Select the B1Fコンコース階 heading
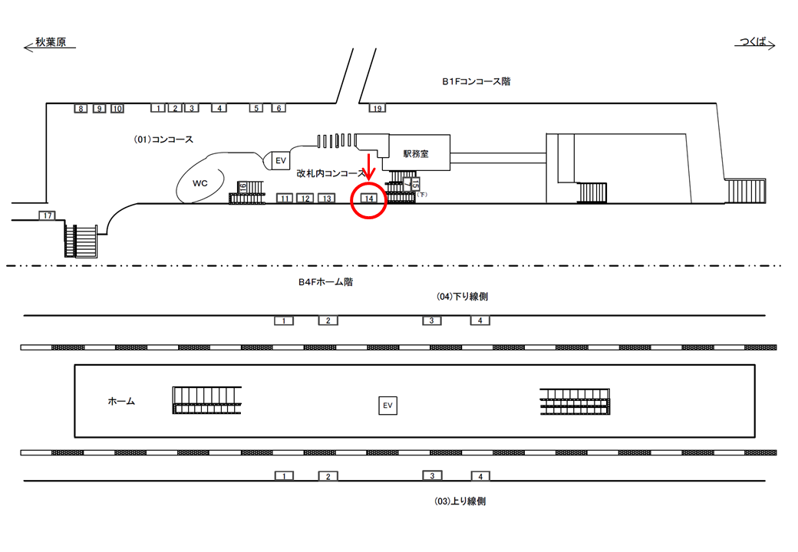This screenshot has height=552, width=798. pos(476,81)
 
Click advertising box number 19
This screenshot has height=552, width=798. pos(377,108)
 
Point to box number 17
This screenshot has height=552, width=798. pos(48,215)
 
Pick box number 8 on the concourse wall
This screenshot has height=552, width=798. pos(81,108)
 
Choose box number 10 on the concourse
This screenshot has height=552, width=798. pos(117,108)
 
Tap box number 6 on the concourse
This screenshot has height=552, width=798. pos(279,108)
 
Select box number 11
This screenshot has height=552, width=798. pos(285,199)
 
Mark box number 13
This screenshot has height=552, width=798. pos(327,199)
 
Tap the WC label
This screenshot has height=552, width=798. pos(200,183)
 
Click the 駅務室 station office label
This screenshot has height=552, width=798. pos(416,154)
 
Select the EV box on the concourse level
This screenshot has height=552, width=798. pos(280,160)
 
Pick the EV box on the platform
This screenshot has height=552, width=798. pos(387,406)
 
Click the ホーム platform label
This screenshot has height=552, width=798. pos(121,401)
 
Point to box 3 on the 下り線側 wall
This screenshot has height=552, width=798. pos(432,320)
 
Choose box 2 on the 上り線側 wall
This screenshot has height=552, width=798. pos(328,476)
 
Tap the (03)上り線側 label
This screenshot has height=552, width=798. pos(460,501)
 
